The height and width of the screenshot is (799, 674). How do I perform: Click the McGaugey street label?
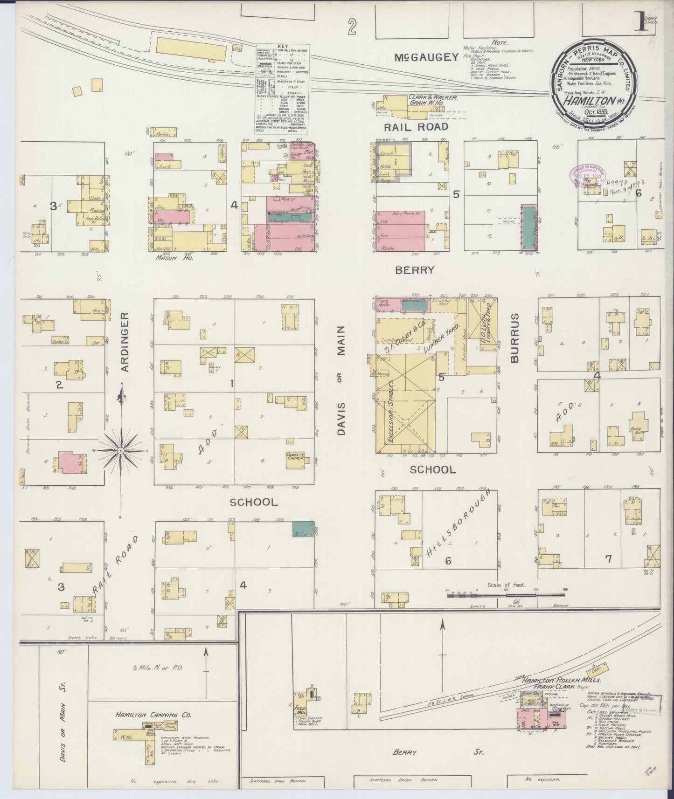pyautogui.click(x=426, y=57)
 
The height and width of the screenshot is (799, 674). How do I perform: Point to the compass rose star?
pyautogui.click(x=121, y=451)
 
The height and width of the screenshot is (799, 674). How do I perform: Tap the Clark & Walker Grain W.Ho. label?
pyautogui.click(x=433, y=101)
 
